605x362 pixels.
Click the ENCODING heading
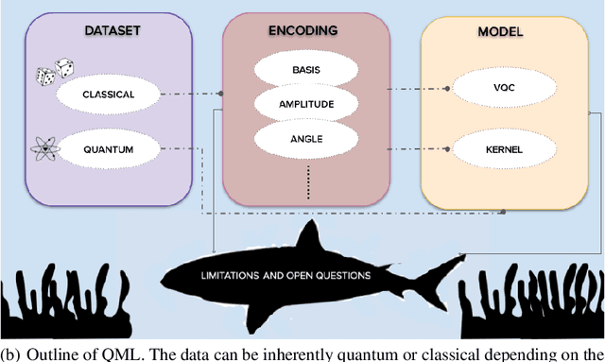point(307,30)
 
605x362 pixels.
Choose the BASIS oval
point(307,70)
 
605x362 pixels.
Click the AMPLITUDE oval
point(307,104)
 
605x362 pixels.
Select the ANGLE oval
point(307,137)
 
